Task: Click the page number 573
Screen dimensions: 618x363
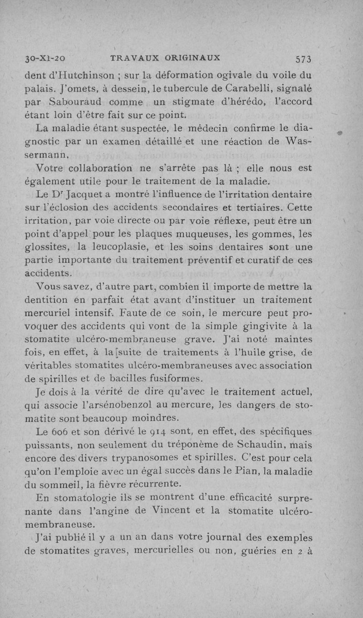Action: point(303,59)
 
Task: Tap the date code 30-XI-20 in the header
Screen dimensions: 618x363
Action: point(45,59)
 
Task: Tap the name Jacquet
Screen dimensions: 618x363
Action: point(84,196)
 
